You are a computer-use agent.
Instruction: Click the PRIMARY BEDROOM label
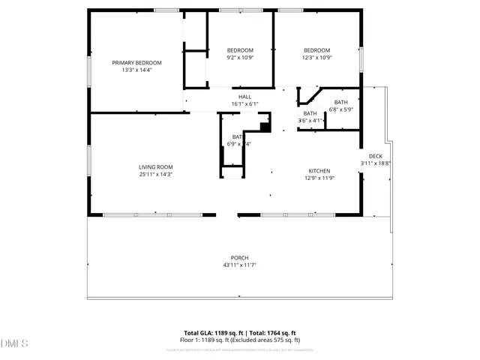(136, 62)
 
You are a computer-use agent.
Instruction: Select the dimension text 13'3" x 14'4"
(136, 70)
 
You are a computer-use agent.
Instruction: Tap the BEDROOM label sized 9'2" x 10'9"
(240, 50)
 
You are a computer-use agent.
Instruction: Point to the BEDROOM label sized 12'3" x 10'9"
(316, 50)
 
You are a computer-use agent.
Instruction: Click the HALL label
(244, 97)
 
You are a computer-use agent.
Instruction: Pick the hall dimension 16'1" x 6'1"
(244, 104)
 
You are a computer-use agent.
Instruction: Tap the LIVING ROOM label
(155, 166)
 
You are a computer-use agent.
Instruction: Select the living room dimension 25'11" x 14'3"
(155, 174)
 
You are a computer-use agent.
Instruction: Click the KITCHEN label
(319, 171)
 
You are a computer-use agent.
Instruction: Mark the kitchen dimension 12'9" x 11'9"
(319, 178)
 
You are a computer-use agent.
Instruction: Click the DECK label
(375, 156)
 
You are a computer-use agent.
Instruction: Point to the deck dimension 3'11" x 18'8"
(375, 163)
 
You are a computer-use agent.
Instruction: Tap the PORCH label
(240, 258)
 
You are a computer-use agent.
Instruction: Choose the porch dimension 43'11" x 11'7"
(240, 265)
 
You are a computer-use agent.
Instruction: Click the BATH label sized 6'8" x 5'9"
(341, 102)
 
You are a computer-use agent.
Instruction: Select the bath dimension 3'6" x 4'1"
(310, 120)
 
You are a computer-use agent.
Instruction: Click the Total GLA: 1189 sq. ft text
(210, 332)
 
